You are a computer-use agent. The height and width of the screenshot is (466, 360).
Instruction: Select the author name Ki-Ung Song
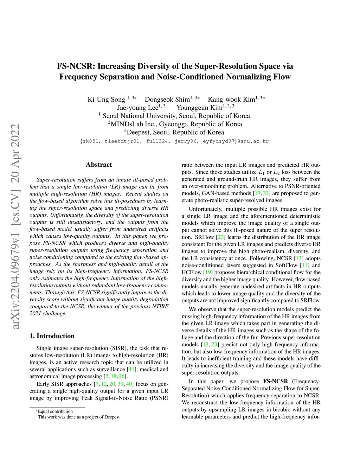point(106,100)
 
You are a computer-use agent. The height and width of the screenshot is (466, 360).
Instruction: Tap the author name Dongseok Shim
point(167,100)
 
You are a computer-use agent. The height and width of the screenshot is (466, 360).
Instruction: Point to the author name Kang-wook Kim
point(231,100)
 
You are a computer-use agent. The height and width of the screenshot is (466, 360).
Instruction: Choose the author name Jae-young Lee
point(137,108)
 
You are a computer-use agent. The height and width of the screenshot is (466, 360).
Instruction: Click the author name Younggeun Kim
point(199,108)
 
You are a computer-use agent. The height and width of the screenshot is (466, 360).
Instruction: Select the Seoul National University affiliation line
point(175,116)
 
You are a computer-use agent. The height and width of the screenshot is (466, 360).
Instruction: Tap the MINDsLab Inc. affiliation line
point(175,124)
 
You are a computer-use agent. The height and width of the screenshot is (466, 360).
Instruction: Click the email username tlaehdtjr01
point(122,141)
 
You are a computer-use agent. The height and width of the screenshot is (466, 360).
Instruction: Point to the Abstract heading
point(99,165)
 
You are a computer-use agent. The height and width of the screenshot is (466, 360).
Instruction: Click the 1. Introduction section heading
point(52,336)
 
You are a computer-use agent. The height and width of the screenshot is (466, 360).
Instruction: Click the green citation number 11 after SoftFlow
point(304,265)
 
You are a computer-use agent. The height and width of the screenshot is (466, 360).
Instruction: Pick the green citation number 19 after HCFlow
point(208,272)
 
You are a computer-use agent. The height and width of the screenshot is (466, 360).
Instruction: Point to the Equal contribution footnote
point(55,411)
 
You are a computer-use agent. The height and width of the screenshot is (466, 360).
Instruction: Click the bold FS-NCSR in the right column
point(275,381)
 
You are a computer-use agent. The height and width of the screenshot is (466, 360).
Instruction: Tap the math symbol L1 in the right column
point(261,172)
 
